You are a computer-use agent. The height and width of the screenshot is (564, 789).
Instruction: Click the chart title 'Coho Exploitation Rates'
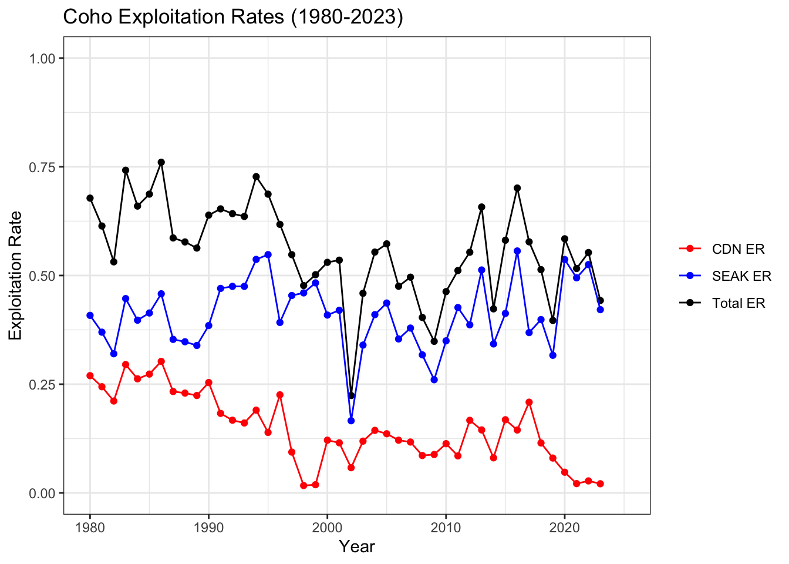coord(233,18)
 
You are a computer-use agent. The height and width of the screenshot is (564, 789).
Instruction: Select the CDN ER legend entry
coord(738,249)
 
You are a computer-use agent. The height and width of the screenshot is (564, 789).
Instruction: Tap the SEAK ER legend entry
coord(741,276)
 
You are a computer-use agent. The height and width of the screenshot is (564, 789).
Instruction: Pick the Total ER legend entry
coord(739,303)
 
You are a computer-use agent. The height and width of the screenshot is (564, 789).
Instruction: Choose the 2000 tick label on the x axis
coord(327,527)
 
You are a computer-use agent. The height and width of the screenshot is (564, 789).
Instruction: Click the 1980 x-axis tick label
coord(90,527)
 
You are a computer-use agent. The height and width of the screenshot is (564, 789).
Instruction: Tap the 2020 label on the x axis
coord(564,527)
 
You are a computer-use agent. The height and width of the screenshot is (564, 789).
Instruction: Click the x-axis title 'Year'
coord(357,547)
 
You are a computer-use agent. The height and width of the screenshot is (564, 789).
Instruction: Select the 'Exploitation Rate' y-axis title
coord(16,276)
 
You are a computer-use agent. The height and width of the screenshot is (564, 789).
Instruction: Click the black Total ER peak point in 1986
coord(161,162)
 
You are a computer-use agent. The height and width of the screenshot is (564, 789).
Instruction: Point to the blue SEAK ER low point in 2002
coord(351,421)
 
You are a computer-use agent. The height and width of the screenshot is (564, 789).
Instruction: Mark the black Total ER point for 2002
coord(351,395)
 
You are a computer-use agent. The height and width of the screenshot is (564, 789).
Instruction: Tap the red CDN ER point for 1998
coord(304,485)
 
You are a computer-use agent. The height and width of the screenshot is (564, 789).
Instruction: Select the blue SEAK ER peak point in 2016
coord(517,251)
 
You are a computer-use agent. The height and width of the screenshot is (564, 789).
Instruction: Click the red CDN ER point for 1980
coord(90,375)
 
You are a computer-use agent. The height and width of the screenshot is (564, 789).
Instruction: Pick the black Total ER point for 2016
coord(517,188)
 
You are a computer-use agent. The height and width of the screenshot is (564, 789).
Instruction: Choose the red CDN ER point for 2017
coord(529,402)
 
